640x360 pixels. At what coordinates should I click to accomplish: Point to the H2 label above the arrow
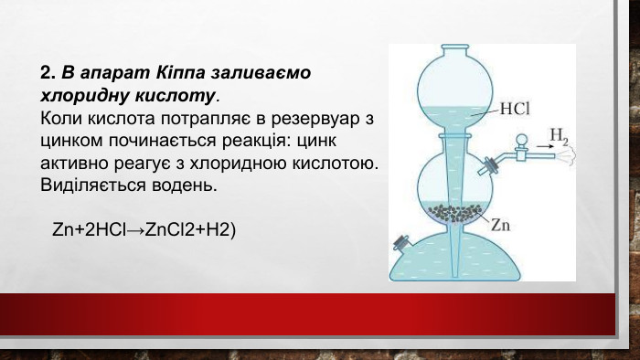[x=558, y=137]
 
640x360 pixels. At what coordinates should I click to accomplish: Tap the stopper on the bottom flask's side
[x=400, y=244]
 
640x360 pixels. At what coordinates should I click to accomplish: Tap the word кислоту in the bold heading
[x=179, y=94]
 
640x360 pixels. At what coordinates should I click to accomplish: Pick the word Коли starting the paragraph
[x=60, y=119]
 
